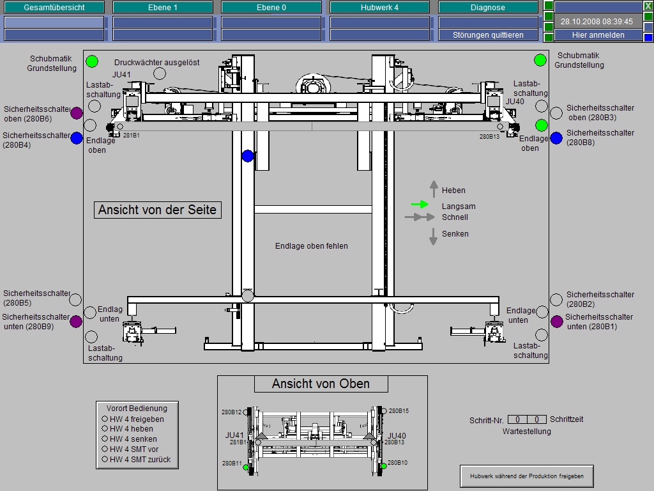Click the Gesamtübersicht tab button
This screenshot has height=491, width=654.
click(54, 8)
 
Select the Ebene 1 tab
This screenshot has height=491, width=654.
click(162, 8)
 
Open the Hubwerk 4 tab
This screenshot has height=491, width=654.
click(379, 8)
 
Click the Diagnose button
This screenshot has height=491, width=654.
click(488, 8)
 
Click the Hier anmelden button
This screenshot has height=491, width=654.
click(598, 35)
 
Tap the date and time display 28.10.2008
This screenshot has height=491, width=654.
click(597, 21)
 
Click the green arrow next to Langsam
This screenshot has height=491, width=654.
click(420, 205)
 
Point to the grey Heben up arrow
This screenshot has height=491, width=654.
click(434, 189)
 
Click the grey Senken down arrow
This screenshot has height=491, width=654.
click(433, 237)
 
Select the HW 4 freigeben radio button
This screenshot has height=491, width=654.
click(105, 419)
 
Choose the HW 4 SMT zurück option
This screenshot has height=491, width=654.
click(105, 459)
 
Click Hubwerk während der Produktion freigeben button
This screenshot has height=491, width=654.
click(527, 476)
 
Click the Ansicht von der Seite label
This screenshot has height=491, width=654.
click(157, 210)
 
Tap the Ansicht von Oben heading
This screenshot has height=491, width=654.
click(321, 384)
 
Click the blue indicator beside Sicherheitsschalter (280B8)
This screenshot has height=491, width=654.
click(556, 138)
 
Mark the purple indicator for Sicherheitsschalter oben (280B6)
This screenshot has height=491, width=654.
click(77, 113)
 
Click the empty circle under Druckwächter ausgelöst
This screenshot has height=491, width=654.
click(160, 74)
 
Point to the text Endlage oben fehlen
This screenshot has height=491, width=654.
click(312, 245)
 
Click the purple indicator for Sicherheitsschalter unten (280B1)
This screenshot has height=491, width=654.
click(557, 322)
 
